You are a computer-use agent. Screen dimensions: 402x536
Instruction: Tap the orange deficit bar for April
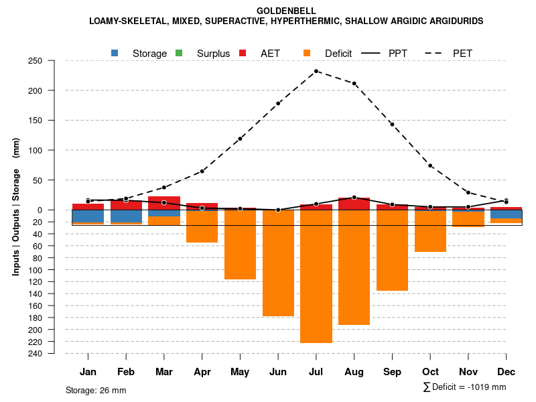[202, 226]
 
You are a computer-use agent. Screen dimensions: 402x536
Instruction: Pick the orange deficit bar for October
[430, 231]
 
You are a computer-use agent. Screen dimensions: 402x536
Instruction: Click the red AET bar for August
[354, 204]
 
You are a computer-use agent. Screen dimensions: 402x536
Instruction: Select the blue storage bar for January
[88, 216]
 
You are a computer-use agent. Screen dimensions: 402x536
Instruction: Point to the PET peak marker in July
[316, 71]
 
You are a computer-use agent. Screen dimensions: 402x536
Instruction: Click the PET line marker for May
[240, 139]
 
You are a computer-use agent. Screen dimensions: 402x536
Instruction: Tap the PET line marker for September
[392, 125]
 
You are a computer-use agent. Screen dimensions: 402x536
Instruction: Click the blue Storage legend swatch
[115, 53]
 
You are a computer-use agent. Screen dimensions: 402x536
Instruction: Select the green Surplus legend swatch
[179, 53]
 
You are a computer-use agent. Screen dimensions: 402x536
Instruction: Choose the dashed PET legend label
[462, 53]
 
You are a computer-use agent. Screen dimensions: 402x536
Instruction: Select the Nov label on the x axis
[468, 372]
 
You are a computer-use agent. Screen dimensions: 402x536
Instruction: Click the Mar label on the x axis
[164, 372]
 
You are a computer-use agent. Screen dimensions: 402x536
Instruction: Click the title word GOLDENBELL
[286, 11]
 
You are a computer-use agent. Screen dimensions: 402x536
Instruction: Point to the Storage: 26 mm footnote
[96, 390]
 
